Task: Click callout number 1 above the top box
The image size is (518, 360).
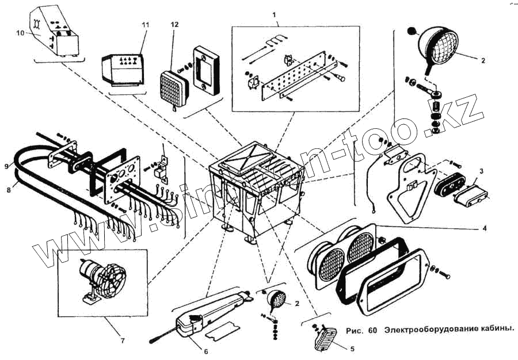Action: (x=275, y=13)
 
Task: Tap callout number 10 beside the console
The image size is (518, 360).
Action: (x=20, y=33)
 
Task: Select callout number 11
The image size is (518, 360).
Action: (x=145, y=25)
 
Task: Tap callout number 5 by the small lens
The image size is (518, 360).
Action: (x=352, y=348)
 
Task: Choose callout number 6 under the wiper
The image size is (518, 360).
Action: (x=205, y=351)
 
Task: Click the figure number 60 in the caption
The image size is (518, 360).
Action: (x=372, y=330)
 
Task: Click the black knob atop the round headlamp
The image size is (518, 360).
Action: (x=413, y=30)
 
